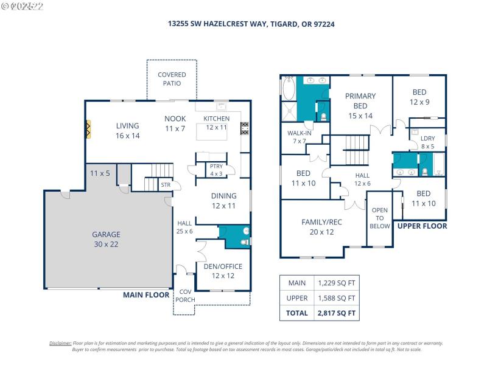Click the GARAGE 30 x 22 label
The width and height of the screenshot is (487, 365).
105,239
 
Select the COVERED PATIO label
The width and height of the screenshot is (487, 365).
172,79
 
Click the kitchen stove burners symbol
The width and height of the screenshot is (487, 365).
245,128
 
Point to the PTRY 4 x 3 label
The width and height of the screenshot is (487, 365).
215,170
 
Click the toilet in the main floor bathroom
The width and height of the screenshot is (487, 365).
244,242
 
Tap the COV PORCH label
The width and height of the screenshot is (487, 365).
184,296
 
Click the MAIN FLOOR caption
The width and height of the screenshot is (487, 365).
146,294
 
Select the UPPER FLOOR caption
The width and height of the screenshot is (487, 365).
422,226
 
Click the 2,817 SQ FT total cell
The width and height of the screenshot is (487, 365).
335,313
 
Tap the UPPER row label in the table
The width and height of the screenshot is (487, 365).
297,298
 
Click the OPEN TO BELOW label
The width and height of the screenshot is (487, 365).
380,217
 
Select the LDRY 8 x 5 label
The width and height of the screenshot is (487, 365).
427,142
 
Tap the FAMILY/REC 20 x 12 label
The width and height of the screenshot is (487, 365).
321,227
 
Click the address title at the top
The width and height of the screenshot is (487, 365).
251,25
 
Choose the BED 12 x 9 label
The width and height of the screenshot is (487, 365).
419,97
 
